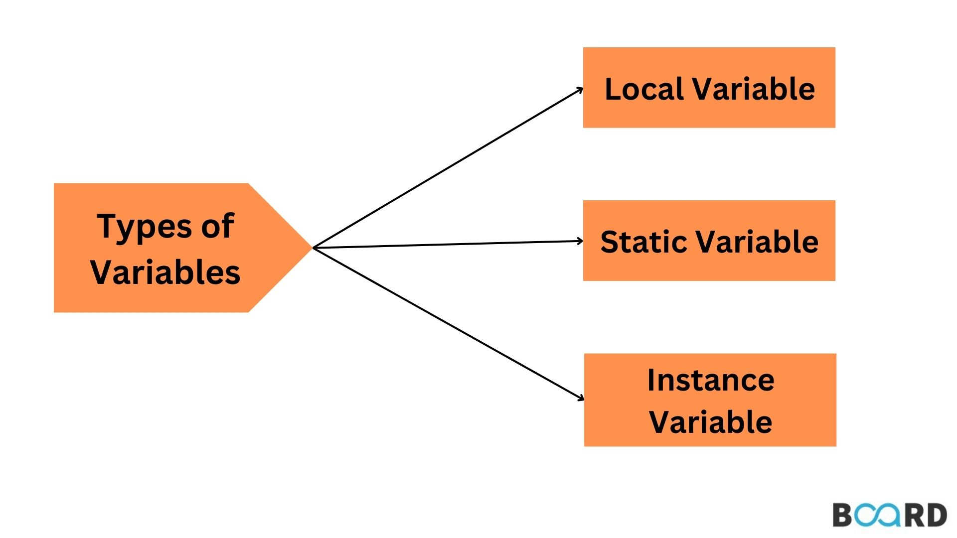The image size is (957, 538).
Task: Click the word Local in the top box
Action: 643,89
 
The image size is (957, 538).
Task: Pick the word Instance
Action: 710,381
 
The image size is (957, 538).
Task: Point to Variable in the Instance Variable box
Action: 710,422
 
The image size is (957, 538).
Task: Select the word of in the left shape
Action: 218,226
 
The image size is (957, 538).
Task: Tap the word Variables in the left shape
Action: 165,272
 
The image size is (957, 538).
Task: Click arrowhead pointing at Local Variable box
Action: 580,90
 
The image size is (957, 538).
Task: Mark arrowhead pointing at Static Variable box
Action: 580,241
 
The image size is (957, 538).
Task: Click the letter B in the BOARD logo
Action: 843,515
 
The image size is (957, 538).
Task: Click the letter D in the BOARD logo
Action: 937,515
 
